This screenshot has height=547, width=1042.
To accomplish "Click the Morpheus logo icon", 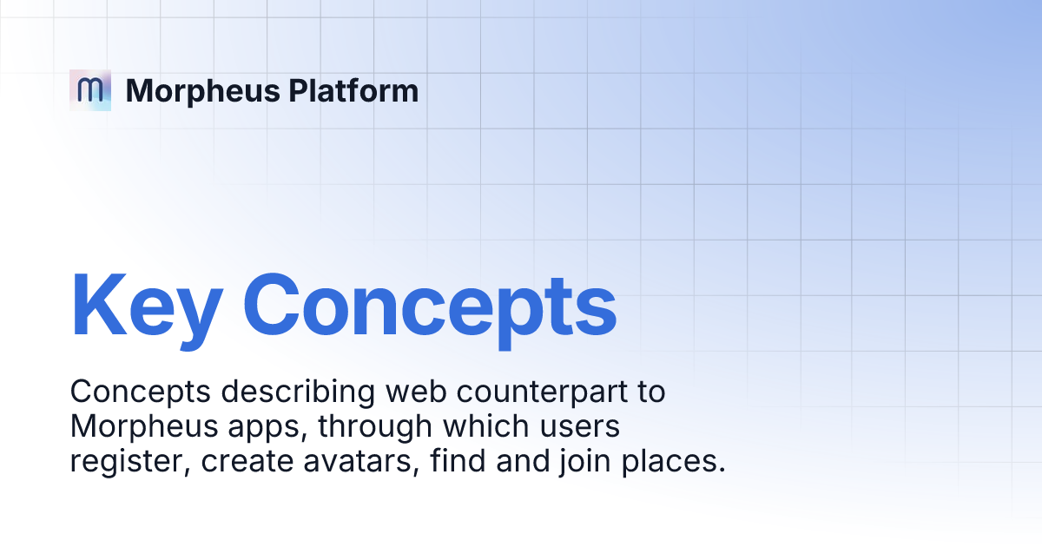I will pyautogui.click(x=90, y=89).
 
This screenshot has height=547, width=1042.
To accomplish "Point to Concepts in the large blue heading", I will pyautogui.click(x=430, y=306).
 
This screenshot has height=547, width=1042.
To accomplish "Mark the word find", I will pyautogui.click(x=457, y=462).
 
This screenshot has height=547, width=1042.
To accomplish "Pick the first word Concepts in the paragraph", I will pyautogui.click(x=141, y=392).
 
